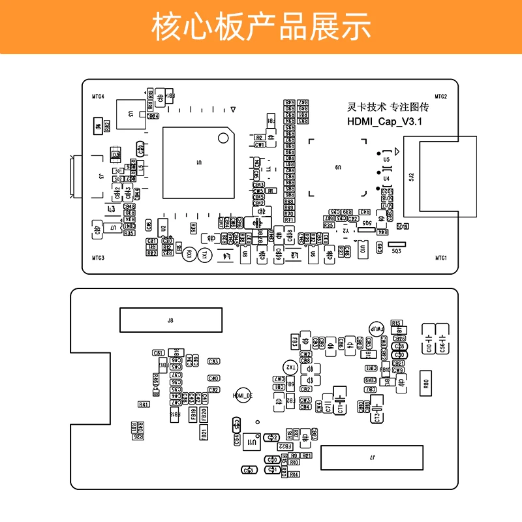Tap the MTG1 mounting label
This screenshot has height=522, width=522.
tap(441, 258)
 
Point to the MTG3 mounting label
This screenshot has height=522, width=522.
tap(98, 258)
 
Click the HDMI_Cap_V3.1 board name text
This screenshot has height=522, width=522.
tap(386, 122)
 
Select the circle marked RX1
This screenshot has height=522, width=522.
tap(189, 255)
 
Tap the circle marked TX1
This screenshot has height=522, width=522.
tap(204, 255)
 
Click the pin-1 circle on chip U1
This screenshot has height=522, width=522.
tap(223, 138)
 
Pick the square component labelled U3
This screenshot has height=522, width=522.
tap(130, 114)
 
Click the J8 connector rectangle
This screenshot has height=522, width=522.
tap(170, 320)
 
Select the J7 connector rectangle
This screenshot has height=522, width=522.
tap(372, 457)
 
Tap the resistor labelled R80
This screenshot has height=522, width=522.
tap(427, 384)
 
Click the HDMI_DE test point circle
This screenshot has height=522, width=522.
tap(242, 395)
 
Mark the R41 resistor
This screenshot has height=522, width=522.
tap(144, 405)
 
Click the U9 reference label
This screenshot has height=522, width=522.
tap(338, 168)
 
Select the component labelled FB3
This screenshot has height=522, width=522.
tap(295, 341)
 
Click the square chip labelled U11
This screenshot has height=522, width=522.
tap(251, 442)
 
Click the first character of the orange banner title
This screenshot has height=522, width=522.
tap(164, 27)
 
